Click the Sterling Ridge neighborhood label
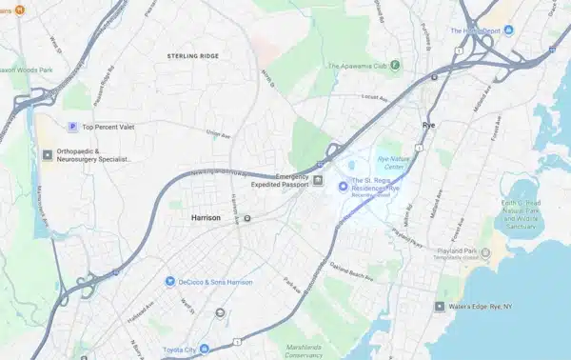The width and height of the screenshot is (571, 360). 193,57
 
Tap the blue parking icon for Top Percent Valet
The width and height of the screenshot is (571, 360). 70,127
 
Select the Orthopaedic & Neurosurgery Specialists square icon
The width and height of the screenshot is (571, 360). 45,153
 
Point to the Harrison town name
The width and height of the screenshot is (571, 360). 206,218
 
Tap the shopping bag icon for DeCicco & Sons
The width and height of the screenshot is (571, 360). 169,281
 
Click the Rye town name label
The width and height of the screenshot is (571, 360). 428,125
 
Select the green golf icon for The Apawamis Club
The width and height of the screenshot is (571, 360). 395,65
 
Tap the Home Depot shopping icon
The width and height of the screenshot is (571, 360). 508,31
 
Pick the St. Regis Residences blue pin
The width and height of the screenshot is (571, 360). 344,185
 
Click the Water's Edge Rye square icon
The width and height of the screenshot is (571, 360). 440,307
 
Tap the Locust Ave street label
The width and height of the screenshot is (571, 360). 376,97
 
